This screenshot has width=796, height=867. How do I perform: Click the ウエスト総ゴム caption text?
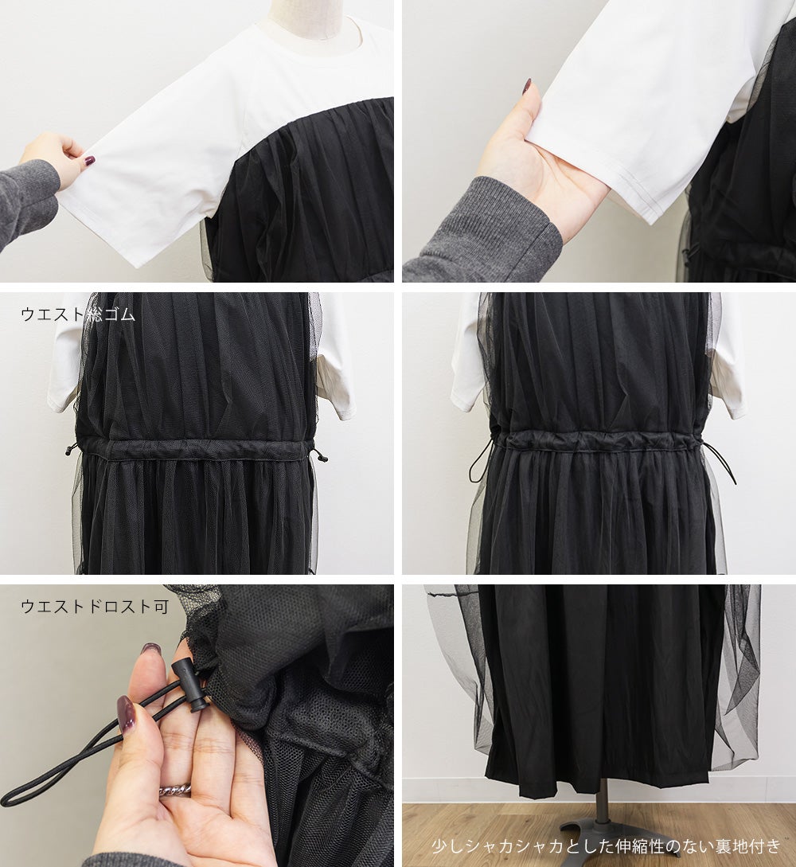[x=78, y=314]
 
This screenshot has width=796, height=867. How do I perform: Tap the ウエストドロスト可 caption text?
[x=95, y=607]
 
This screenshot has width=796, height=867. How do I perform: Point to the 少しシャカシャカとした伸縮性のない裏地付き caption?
[x=607, y=846]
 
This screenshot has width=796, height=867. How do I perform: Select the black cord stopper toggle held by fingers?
[x=191, y=685]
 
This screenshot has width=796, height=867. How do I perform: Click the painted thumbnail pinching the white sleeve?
[x=88, y=161]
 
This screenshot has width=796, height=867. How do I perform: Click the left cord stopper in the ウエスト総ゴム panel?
[x=68, y=448]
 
